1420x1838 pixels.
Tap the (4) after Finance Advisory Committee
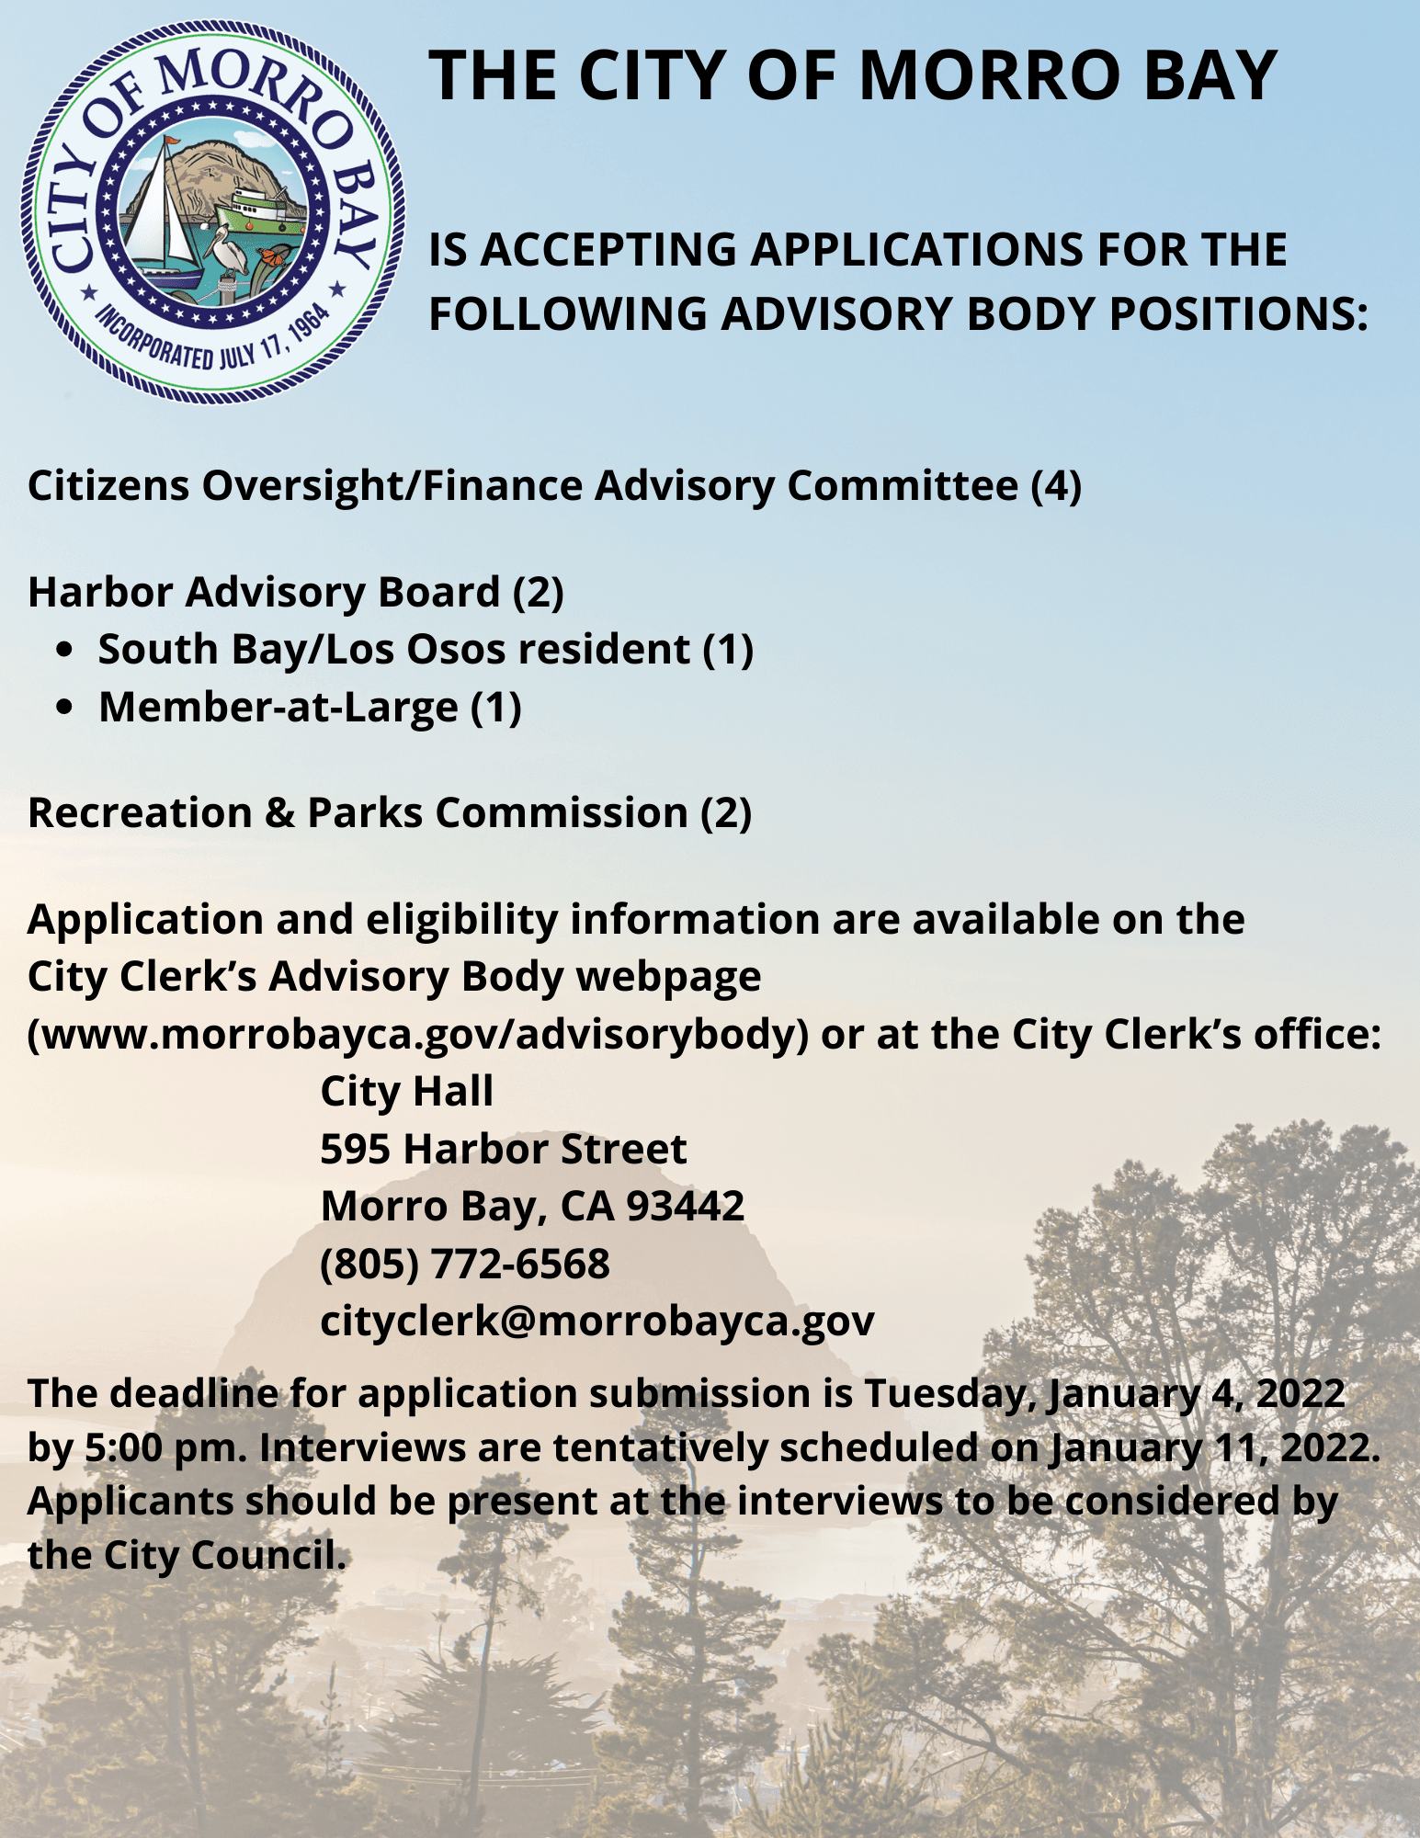1055,485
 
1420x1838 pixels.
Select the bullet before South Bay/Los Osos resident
63,650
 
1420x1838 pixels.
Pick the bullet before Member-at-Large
63,707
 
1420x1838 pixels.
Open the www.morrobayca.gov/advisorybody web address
419,1035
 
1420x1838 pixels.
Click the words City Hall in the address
406,1092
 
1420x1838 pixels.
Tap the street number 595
355,1149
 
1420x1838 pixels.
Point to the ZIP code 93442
685,1206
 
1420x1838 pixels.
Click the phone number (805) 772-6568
464,1264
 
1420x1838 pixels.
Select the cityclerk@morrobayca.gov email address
596,1322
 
